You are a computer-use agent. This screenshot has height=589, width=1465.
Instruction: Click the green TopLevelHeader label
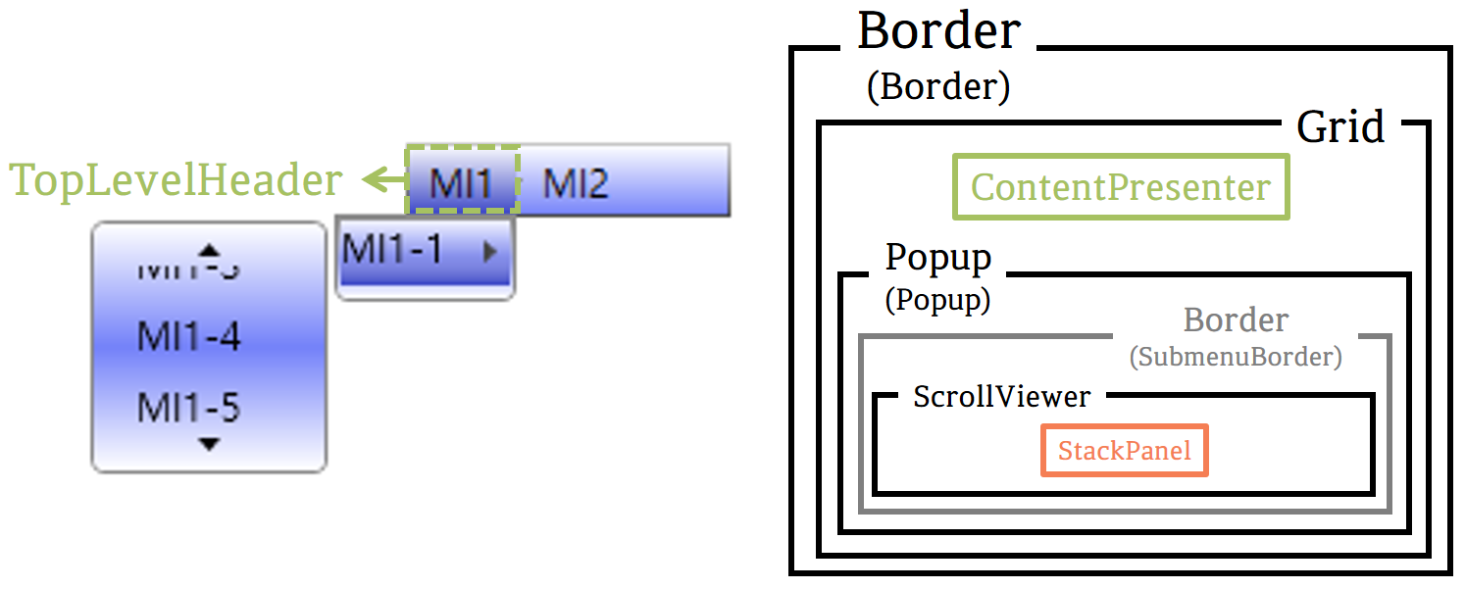(x=176, y=180)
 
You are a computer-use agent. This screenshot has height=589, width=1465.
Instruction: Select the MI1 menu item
(x=460, y=182)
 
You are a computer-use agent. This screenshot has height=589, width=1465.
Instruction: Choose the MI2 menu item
(x=576, y=183)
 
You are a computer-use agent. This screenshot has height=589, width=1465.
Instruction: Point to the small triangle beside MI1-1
(x=491, y=251)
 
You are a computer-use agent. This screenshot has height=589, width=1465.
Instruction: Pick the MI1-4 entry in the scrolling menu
(x=188, y=337)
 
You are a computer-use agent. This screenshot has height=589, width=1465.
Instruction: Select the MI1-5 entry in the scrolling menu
(x=188, y=407)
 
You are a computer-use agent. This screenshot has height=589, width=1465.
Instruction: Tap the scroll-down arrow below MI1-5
(x=208, y=445)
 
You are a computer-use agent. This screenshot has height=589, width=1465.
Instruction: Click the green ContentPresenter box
(x=1120, y=186)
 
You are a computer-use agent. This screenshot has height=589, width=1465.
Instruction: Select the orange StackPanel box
(x=1124, y=451)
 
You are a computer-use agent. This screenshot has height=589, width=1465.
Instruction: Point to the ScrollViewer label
(x=1001, y=397)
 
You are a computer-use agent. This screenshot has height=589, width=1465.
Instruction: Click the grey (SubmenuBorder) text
(x=1235, y=357)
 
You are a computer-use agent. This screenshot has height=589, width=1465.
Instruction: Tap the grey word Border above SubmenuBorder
(x=1236, y=319)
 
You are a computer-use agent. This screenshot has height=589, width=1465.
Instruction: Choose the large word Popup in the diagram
(x=937, y=258)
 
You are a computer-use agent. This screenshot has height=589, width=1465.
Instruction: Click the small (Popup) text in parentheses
(x=937, y=299)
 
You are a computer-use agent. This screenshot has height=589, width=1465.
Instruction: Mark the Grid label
(x=1340, y=126)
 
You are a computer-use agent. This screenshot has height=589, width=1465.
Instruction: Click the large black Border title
(x=938, y=31)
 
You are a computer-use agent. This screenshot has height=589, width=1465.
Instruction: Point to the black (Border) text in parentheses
(x=937, y=86)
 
